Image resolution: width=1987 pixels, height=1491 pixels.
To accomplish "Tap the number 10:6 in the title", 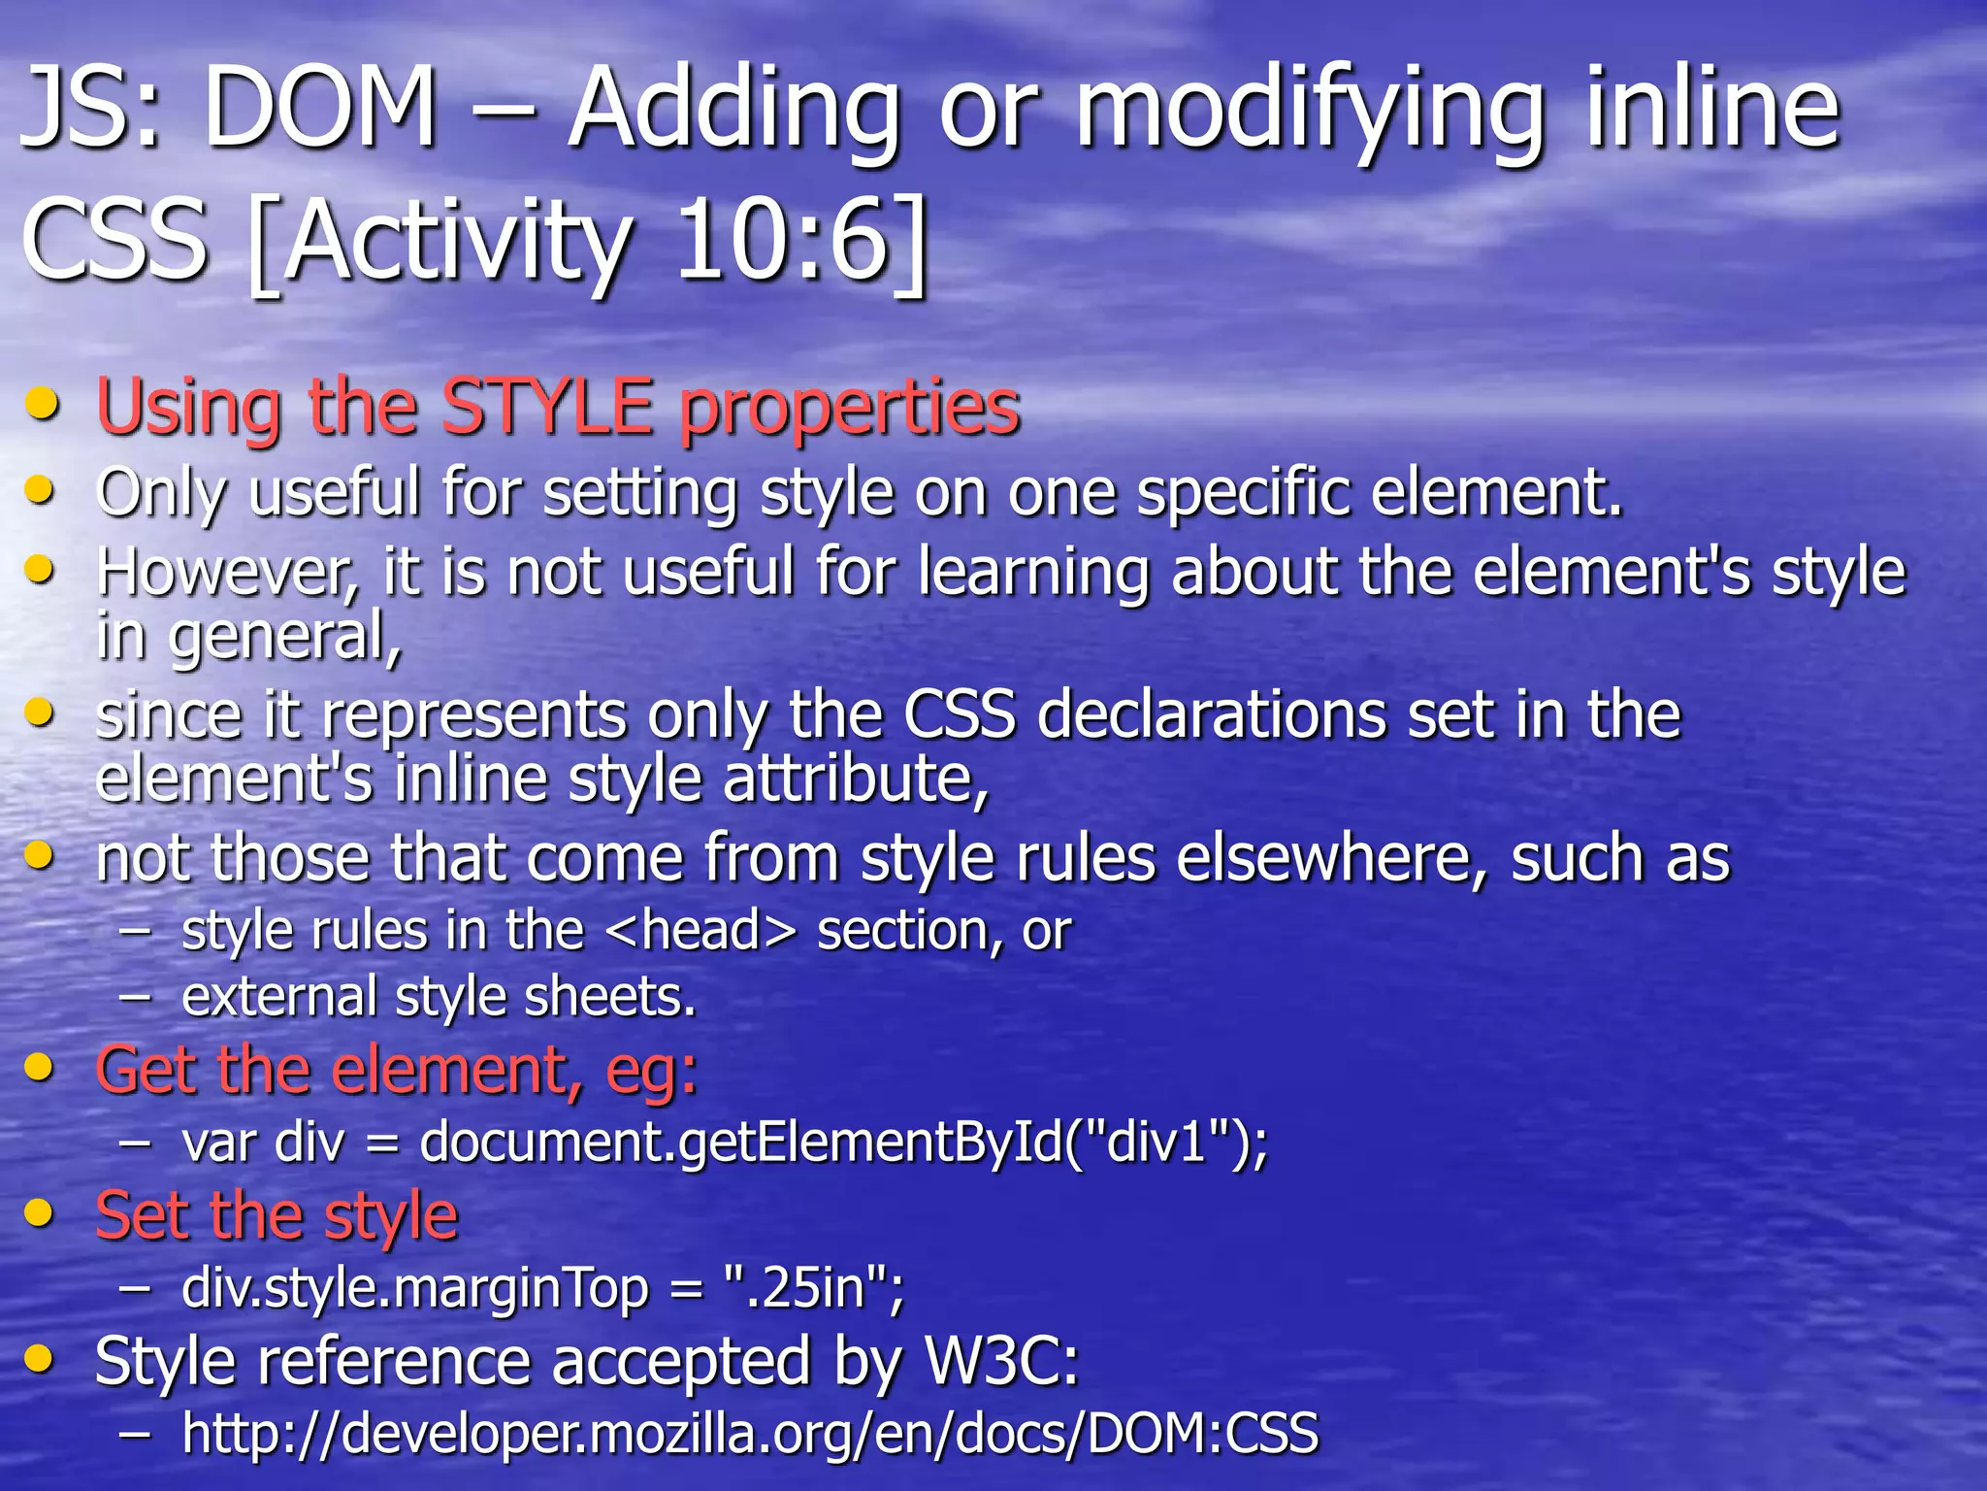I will tap(781, 239).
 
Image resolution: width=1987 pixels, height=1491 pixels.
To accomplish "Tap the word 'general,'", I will tap(285, 637).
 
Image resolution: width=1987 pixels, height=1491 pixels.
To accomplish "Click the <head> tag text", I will tap(700, 931).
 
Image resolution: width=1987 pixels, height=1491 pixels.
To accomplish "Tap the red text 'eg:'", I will tap(651, 1071).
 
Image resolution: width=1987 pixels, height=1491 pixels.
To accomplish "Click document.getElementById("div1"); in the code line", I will tap(842, 1143).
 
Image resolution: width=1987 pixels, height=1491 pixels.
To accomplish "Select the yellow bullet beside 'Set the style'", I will tap(40, 1212).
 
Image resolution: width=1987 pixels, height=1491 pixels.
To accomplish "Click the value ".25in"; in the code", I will tap(813, 1288).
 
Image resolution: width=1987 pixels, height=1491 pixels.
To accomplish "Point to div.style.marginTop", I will tap(415, 1288).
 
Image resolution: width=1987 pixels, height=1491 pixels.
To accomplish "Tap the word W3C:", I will tap(1001, 1361).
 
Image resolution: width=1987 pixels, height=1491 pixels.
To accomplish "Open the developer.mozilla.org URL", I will tap(750, 1434).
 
